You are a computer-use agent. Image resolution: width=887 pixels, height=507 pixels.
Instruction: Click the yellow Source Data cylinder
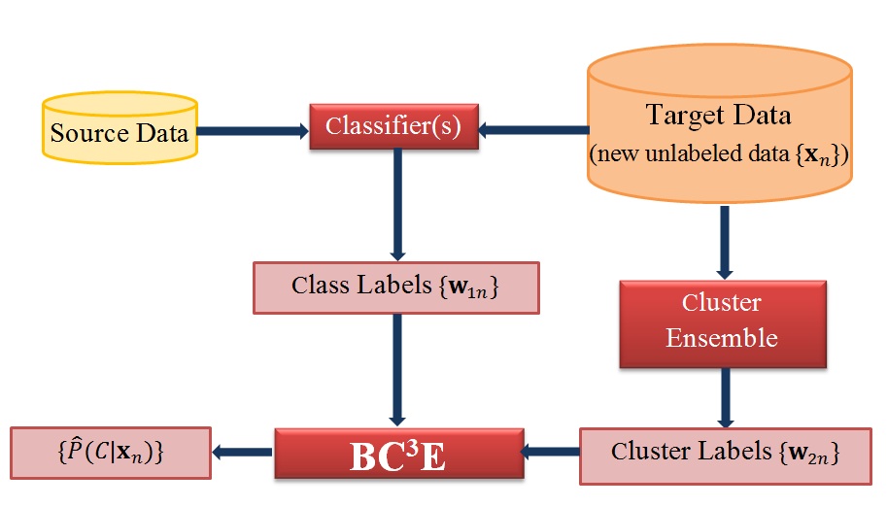point(119,128)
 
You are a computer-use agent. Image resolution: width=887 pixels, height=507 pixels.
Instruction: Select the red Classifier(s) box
point(393,126)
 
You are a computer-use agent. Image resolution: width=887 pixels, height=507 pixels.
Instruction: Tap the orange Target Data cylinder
point(720,123)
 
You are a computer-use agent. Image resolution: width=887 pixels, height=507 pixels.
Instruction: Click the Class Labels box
point(396,287)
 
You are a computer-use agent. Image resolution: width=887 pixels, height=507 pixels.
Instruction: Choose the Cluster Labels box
point(725,456)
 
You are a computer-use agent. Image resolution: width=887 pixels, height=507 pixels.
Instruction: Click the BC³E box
point(399,454)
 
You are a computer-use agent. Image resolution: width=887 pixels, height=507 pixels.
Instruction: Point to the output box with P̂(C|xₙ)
point(111,453)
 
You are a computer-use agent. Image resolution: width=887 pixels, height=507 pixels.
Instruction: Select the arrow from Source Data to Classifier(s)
point(253,131)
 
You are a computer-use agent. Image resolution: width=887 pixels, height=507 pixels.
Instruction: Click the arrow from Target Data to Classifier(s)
point(533,130)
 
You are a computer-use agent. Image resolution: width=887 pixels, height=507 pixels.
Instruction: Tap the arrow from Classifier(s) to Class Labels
point(397,205)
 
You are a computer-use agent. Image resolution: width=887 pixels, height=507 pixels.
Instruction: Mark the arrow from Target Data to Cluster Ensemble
point(725,242)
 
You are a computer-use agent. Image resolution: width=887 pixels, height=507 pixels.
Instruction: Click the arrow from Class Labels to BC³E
point(397,370)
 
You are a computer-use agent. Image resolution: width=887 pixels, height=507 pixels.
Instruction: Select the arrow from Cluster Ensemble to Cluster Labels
point(725,398)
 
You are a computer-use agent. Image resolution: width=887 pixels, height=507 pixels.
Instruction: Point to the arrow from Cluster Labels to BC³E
point(550,452)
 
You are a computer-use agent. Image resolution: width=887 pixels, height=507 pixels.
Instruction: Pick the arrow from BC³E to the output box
point(243,452)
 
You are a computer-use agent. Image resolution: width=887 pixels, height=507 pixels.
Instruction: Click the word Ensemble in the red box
point(722,338)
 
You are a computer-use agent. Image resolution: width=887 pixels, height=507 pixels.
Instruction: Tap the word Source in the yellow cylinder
point(90,133)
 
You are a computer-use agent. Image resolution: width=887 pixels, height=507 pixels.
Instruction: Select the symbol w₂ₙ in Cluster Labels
point(809,453)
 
